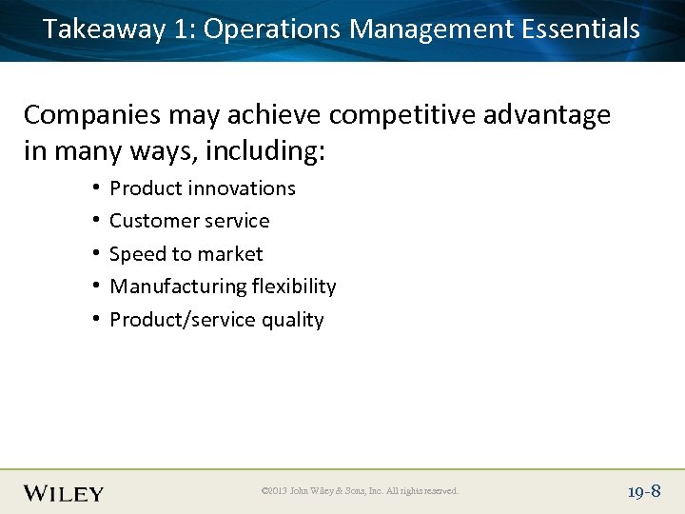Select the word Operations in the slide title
[x=272, y=30]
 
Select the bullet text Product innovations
[x=203, y=188]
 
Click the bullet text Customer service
[x=189, y=221]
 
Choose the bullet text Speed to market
[x=186, y=254]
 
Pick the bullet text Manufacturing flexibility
[x=223, y=287]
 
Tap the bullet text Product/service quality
[x=217, y=320]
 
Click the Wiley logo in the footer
[x=64, y=492]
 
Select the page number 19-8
[x=643, y=491]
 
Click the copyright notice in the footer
[x=360, y=491]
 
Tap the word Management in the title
[x=432, y=30]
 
